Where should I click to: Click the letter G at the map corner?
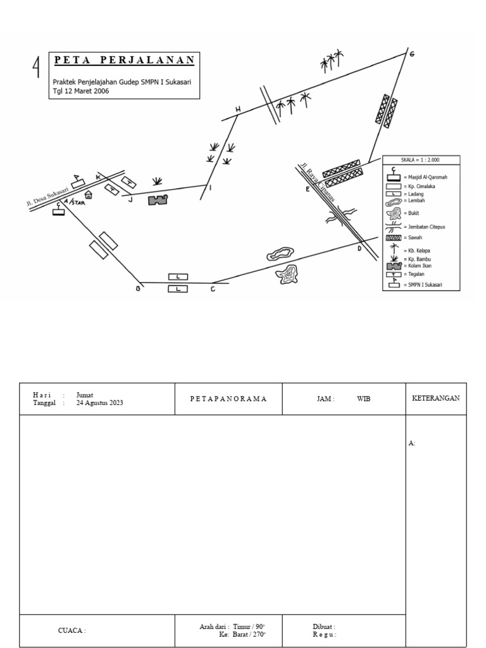pyautogui.click(x=412, y=54)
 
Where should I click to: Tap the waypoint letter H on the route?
pyautogui.click(x=238, y=110)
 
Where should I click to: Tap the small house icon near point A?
pyautogui.click(x=89, y=195)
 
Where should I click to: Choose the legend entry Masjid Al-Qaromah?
pyautogui.click(x=425, y=178)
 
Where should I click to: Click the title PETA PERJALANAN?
pyautogui.click(x=124, y=61)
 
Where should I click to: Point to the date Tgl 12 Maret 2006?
pyautogui.click(x=81, y=90)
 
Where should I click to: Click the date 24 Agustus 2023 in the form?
pyautogui.click(x=99, y=403)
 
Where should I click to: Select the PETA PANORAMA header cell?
pyautogui.click(x=228, y=399)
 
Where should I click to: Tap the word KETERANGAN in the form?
pyautogui.click(x=435, y=399)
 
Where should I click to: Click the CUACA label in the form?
pyautogui.click(x=72, y=630)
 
